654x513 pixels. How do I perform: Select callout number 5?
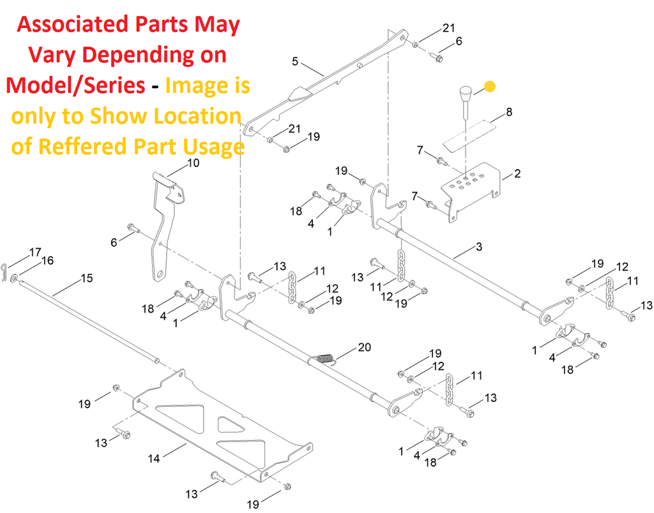(295, 61)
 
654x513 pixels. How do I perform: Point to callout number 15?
(86, 278)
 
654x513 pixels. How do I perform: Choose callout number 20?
(364, 347)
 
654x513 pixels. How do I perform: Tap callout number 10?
(193, 163)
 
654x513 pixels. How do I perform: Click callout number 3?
(479, 246)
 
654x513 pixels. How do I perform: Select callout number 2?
(517, 173)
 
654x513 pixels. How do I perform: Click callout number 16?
(47, 260)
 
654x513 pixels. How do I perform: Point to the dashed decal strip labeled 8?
(469, 135)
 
